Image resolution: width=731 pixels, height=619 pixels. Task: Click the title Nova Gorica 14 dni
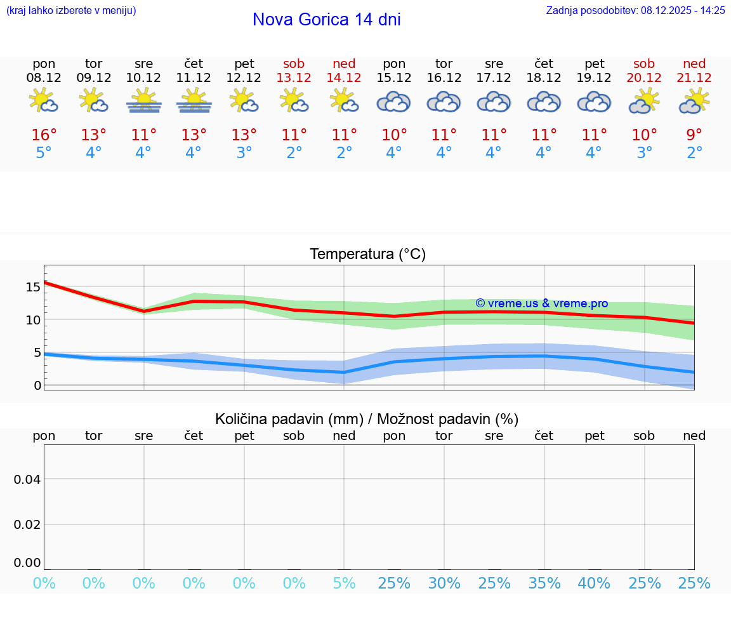(326, 20)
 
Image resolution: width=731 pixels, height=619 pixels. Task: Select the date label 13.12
(294, 77)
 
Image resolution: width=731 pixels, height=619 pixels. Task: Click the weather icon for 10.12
(144, 101)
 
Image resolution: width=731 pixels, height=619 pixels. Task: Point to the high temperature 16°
(44, 135)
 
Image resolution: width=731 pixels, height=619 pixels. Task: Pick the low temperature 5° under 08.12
(44, 153)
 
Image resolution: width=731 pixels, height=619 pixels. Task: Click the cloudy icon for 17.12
(494, 102)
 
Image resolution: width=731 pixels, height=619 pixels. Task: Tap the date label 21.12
(694, 77)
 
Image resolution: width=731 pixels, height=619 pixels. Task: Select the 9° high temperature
(694, 135)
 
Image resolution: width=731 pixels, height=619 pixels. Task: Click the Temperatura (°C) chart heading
(367, 255)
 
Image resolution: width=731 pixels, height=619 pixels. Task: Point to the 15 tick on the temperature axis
(33, 287)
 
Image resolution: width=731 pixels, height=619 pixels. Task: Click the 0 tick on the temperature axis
(37, 385)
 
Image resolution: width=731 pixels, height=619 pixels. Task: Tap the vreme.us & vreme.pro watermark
(541, 303)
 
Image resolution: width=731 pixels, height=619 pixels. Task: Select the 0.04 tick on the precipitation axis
(27, 479)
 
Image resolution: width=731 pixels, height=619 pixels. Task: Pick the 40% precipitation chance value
(594, 583)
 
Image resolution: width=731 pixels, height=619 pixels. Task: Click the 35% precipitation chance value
(544, 583)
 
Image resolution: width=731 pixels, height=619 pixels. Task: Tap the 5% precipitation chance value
(344, 583)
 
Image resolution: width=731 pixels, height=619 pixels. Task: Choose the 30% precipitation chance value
(444, 583)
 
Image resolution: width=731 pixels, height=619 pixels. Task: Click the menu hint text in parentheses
(71, 10)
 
